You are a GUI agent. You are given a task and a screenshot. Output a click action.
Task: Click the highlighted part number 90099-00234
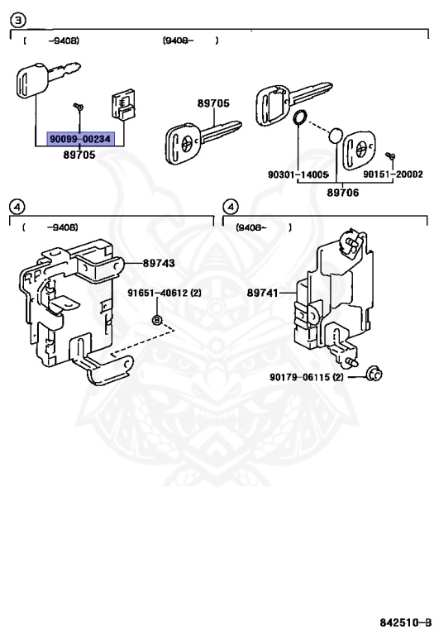point(79,139)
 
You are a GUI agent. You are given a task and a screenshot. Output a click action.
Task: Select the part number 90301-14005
point(298,174)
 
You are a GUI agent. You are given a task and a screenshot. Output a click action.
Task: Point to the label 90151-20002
point(393,174)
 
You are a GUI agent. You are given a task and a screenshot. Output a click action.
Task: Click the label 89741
point(262,293)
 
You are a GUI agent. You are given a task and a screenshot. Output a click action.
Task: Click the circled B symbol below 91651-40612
point(155,320)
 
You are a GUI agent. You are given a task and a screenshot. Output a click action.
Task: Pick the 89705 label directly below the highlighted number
point(79,155)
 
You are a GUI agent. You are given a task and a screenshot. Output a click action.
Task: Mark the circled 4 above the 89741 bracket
point(231,206)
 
